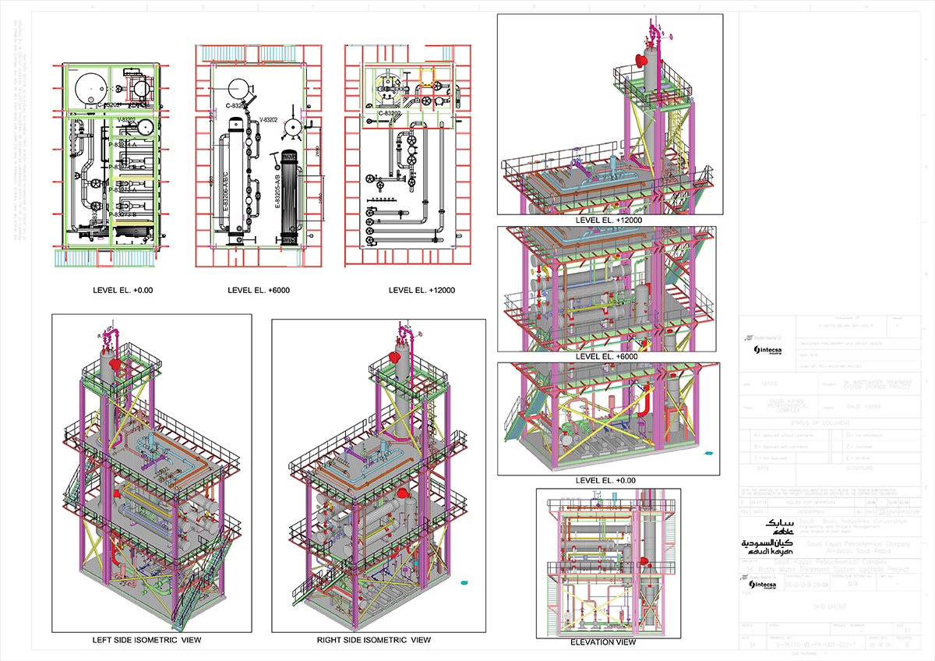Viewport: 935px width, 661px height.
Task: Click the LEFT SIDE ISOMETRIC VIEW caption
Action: (x=146, y=640)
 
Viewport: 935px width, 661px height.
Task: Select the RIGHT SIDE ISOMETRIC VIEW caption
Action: (x=373, y=640)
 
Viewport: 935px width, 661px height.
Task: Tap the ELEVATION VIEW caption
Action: (x=603, y=642)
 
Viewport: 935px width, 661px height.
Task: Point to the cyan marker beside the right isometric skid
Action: (x=464, y=581)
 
